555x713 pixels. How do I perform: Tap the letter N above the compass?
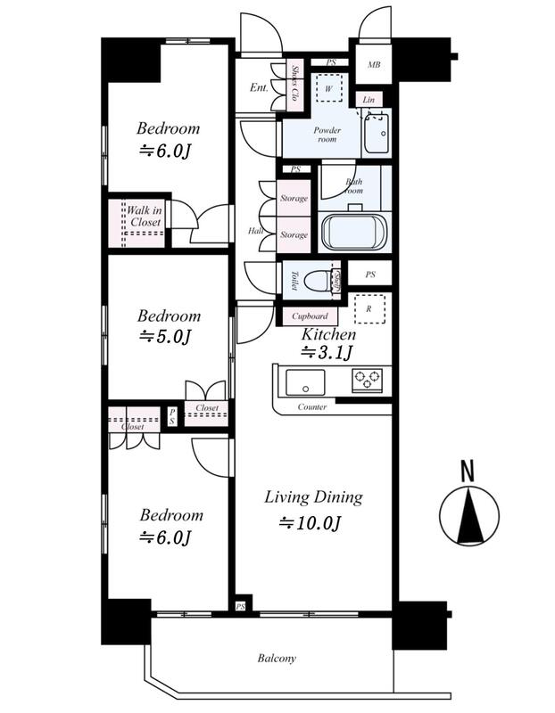click(x=465, y=470)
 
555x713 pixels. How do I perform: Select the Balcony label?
click(x=277, y=659)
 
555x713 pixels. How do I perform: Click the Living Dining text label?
click(x=312, y=497)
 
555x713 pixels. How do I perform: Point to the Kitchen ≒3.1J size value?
click(x=327, y=353)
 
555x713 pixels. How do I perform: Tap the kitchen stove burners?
click(x=366, y=381)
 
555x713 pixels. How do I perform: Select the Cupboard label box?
click(x=310, y=316)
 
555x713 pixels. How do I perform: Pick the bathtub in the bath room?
click(x=353, y=233)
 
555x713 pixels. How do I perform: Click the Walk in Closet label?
click(x=144, y=216)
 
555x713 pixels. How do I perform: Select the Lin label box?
click(x=368, y=100)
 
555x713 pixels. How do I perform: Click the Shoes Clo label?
click(x=295, y=85)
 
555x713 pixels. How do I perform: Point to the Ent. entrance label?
click(x=259, y=87)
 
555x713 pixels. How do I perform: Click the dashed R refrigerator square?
click(x=369, y=309)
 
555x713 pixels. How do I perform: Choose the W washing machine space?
click(x=327, y=89)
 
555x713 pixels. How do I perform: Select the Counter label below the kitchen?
click(x=312, y=407)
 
